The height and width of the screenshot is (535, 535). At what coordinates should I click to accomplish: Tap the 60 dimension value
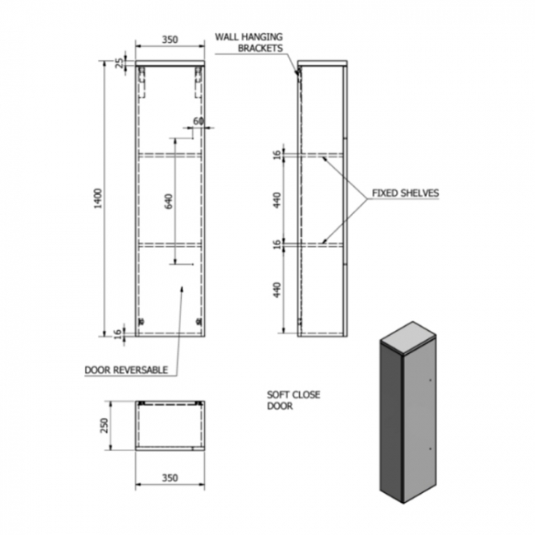198,121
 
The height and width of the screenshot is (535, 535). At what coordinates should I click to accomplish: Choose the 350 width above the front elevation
169,39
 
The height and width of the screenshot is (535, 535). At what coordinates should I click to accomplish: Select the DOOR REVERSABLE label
126,370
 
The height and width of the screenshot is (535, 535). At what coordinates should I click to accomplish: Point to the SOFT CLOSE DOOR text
294,400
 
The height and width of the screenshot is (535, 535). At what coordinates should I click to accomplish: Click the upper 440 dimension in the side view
277,199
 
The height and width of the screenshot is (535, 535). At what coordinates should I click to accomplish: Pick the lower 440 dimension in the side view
277,289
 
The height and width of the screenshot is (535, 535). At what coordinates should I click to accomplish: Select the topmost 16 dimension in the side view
277,154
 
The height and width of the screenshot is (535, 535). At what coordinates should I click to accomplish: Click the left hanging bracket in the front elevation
142,81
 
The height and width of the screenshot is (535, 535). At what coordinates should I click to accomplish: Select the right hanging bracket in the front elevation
198,81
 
